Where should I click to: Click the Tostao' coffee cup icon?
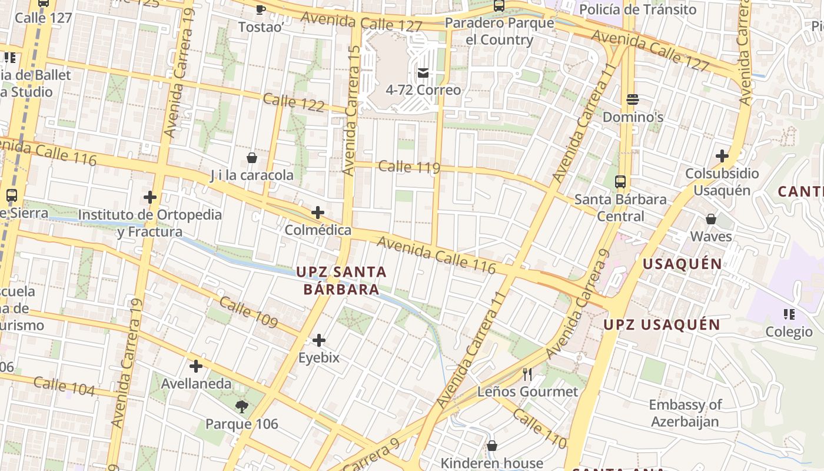(261, 9)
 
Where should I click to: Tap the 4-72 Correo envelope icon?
(423, 73)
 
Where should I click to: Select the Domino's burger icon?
(633, 99)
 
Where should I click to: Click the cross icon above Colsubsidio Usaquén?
(722, 156)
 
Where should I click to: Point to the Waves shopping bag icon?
(711, 219)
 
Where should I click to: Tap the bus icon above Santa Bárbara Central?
(620, 181)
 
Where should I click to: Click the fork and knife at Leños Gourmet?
(527, 374)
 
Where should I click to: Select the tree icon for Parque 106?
(241, 406)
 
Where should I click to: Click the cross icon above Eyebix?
(318, 340)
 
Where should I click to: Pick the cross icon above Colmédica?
(318, 212)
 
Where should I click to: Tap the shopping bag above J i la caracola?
(252, 158)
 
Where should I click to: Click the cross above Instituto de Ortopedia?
(150, 197)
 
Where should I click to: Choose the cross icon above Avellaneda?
(196, 366)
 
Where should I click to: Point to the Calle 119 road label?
(409, 167)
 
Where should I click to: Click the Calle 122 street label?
(294, 102)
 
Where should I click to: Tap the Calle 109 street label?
(248, 312)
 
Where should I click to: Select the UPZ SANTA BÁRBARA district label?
(341, 281)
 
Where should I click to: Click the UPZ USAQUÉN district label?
(662, 324)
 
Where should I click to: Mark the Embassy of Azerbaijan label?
(685, 413)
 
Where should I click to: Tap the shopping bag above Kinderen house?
(492, 446)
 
